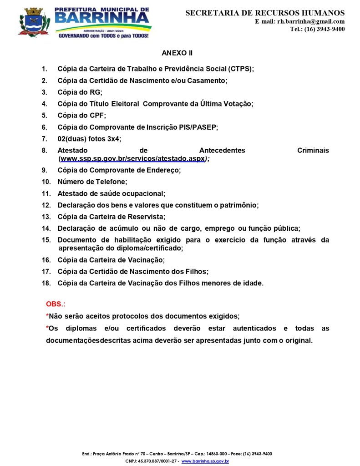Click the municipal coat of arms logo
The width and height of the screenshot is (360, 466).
pos(33,22)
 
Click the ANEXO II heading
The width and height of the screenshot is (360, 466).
pos(177,53)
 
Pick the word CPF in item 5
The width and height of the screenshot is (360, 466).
pos(97,116)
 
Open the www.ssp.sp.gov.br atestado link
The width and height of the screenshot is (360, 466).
pos(132,159)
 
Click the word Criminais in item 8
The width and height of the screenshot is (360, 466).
pos(313,150)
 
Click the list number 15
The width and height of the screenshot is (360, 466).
pos(46,240)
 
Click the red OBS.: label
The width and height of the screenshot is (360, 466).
pos(56,304)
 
